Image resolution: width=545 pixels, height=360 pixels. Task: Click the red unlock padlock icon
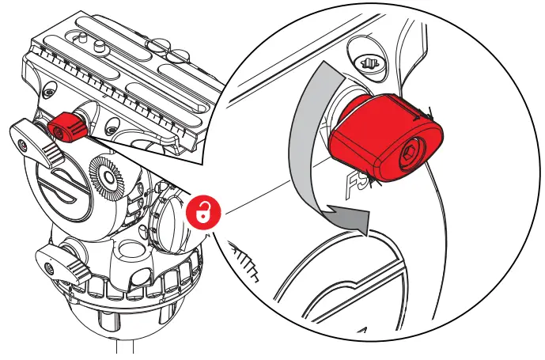[x=204, y=212]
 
